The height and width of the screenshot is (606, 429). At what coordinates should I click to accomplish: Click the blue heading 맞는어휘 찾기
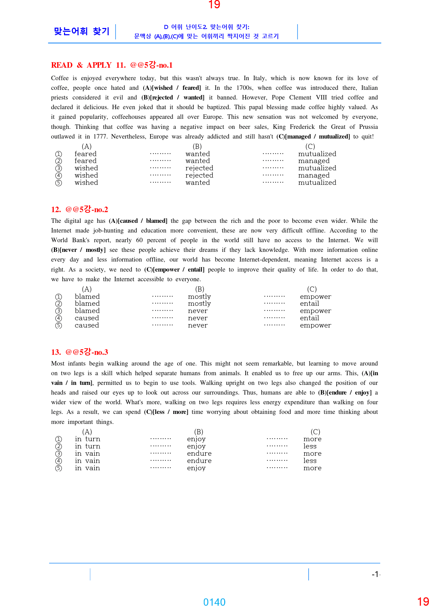pyautogui.click(x=82, y=31)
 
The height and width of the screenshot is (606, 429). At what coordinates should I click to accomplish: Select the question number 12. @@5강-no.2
pyautogui.click(x=80, y=209)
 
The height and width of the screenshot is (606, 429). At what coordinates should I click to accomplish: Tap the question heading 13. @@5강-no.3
pyautogui.click(x=80, y=352)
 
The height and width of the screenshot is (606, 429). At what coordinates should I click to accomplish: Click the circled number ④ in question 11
pyautogui.click(x=59, y=176)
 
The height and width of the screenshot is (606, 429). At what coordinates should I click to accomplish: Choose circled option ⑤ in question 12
pyautogui.click(x=59, y=325)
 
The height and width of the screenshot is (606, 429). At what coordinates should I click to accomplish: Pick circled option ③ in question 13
pyautogui.click(x=59, y=454)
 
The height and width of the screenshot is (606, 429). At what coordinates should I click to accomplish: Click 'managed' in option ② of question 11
pyautogui.click(x=314, y=161)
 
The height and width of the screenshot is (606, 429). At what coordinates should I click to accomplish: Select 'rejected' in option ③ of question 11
pyautogui.click(x=199, y=168)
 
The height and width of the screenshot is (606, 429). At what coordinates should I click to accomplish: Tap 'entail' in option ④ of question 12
pyautogui.click(x=309, y=318)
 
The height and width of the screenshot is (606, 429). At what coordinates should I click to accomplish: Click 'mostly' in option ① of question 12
pyautogui.click(x=199, y=297)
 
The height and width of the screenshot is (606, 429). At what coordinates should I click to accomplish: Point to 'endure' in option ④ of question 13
pyautogui.click(x=199, y=461)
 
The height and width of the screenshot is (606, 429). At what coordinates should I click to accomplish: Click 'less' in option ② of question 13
pyautogui.click(x=310, y=446)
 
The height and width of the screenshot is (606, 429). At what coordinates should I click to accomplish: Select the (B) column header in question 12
pyautogui.click(x=200, y=289)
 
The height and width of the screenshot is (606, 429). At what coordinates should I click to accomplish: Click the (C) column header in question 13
pyautogui.click(x=315, y=432)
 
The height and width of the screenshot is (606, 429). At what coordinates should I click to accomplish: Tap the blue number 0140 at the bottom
pyautogui.click(x=214, y=602)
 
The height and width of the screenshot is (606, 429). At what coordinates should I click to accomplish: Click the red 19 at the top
pyautogui.click(x=214, y=4)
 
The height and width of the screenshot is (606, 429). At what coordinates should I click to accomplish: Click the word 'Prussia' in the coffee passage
pyautogui.click(x=368, y=127)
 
